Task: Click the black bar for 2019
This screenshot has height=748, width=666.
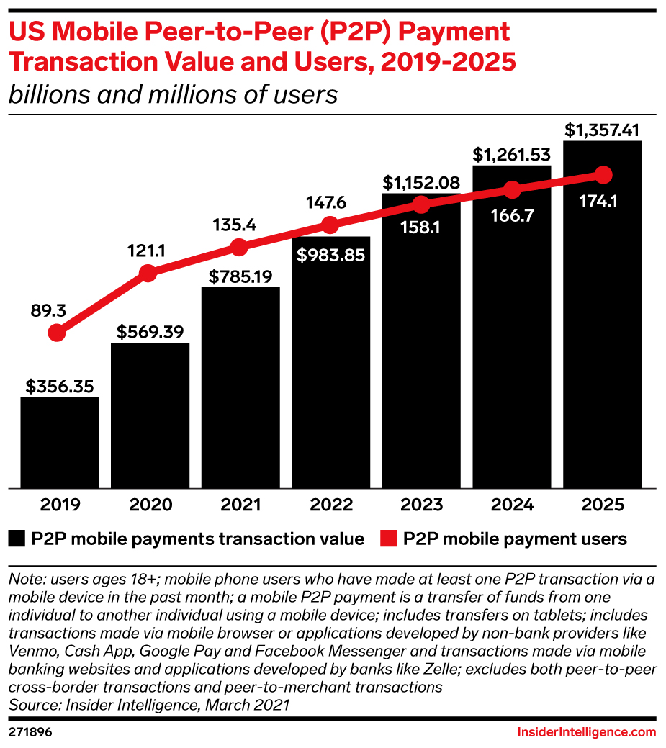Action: pos(60,442)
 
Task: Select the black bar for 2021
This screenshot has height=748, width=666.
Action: pos(240,389)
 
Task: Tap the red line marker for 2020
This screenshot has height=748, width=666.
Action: pos(148,273)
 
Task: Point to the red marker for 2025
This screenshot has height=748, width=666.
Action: pos(603,175)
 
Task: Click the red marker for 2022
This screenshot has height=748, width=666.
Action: pos(330,225)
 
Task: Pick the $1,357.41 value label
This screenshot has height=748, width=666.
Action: pos(603,130)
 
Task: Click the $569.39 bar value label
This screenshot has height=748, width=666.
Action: pos(150,332)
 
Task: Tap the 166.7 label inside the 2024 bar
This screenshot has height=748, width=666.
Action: pos(512,215)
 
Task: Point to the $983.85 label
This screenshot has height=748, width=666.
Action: pos(330,254)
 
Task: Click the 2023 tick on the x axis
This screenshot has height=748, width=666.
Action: pos(421,504)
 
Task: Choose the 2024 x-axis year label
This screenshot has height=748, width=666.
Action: pos(512,504)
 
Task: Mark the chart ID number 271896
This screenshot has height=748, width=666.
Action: pos(30,732)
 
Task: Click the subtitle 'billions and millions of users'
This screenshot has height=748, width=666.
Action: pos(173,94)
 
